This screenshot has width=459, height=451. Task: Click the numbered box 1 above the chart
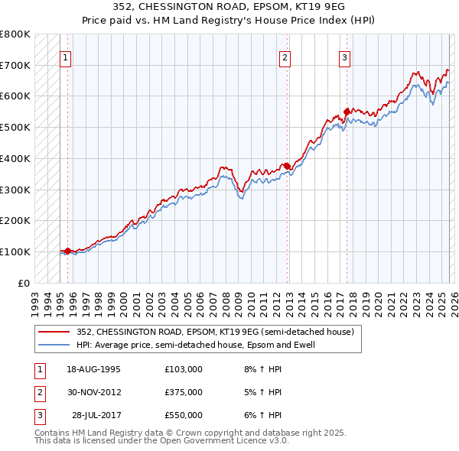tap(66, 57)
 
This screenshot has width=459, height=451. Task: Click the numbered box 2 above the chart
tap(285, 57)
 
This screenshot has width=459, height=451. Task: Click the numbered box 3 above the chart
tap(344, 57)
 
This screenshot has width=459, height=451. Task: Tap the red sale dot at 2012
tap(287, 166)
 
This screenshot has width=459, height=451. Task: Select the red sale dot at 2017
tap(347, 112)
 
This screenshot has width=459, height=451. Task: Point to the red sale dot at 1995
tap(67, 251)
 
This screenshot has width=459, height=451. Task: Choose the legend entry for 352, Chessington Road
tap(214, 333)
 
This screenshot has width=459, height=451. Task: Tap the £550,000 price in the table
tap(184, 415)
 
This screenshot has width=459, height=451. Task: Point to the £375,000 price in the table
tap(184, 392)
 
